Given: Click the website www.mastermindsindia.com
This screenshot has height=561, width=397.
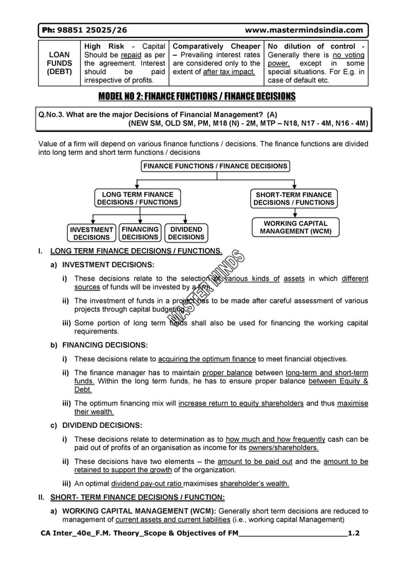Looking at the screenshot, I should pyautogui.click(x=304, y=30).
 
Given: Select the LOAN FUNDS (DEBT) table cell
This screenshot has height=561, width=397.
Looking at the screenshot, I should pyautogui.click(x=60, y=63).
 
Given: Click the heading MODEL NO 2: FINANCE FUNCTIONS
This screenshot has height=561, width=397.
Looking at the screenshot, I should pyautogui.click(x=198, y=96).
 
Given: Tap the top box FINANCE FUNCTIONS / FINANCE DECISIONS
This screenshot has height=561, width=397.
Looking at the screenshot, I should pyautogui.click(x=216, y=166).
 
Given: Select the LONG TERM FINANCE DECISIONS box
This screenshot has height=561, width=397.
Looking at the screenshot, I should pyautogui.click(x=137, y=198).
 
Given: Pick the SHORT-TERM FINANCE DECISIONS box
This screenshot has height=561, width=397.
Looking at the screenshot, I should pyautogui.click(x=294, y=198).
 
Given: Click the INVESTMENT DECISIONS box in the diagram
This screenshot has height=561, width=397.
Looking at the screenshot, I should pyautogui.click(x=91, y=233).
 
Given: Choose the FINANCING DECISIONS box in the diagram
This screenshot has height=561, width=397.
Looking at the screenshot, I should pyautogui.click(x=139, y=233).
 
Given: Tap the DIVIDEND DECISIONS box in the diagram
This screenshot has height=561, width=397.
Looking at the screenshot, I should pyautogui.click(x=186, y=233).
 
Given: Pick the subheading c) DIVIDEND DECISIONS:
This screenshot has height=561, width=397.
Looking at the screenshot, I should pyautogui.click(x=102, y=426).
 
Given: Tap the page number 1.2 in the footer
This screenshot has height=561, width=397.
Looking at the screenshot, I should pyautogui.click(x=355, y=533).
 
